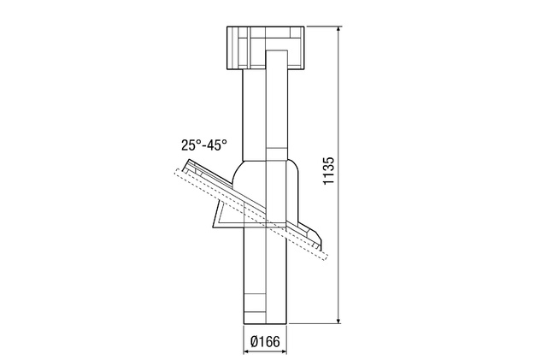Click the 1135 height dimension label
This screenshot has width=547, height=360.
click(x=328, y=171)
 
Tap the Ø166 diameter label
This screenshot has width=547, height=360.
click(x=265, y=341)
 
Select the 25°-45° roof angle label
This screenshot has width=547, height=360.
click(x=204, y=145)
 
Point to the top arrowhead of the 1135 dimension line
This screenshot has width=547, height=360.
click(x=338, y=29)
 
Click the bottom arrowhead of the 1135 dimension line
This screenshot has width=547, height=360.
click(x=338, y=320)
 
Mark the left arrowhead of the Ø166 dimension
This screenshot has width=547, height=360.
click(x=247, y=351)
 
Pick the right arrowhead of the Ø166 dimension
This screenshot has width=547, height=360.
click(x=285, y=351)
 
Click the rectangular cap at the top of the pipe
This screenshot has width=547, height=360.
click(x=266, y=48)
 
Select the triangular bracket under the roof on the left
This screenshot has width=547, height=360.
click(x=223, y=215)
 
